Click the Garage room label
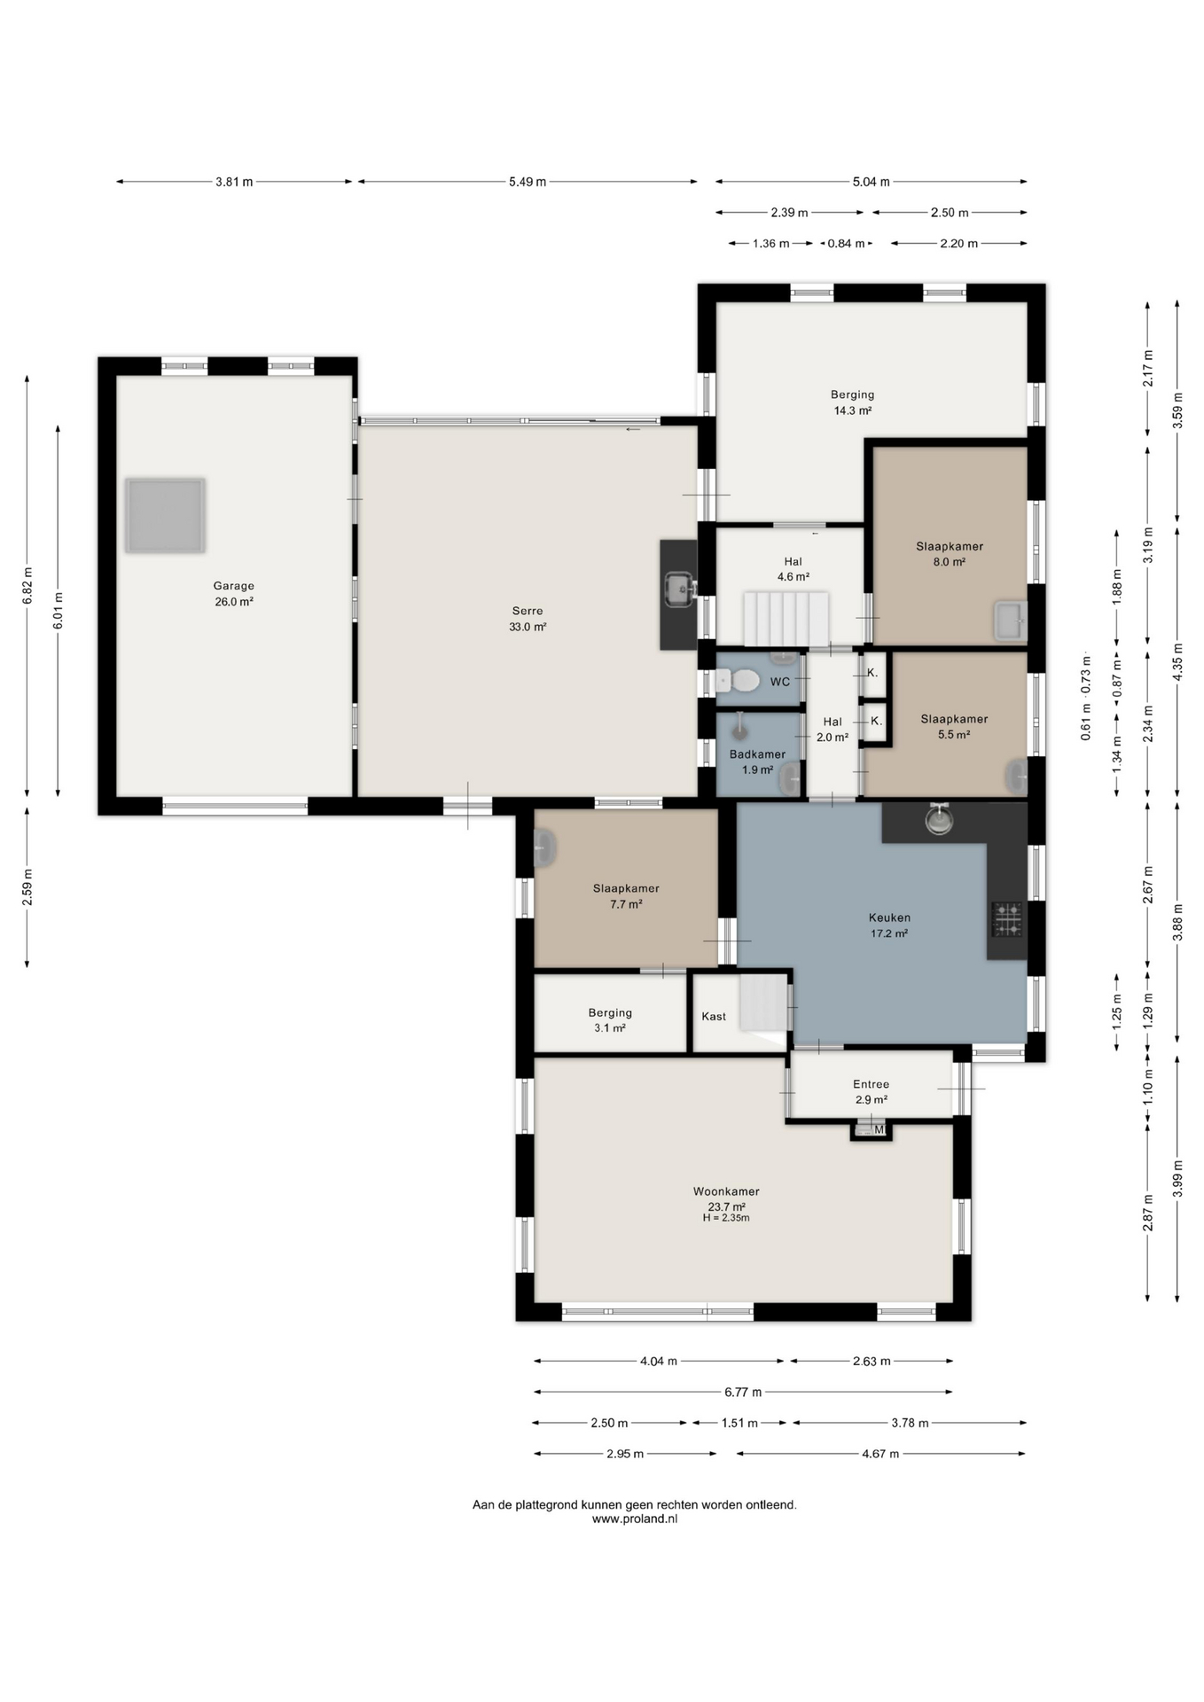coord(233,586)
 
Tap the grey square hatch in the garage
coord(165,516)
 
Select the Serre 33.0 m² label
coord(528,619)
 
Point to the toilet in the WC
coord(739,681)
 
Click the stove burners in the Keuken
coord(1006,920)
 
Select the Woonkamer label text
coord(726,1191)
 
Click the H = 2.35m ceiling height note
coord(726,1218)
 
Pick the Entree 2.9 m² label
coord(871,1091)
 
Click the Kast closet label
coord(714,1017)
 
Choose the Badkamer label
coord(757,754)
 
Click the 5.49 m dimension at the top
coord(528,182)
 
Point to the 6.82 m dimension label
coord(27,586)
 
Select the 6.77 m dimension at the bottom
coord(744,1392)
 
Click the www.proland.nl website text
coord(635,1519)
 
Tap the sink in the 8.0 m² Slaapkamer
coord(1010,621)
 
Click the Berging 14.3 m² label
coord(852,402)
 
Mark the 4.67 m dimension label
coord(880,1454)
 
